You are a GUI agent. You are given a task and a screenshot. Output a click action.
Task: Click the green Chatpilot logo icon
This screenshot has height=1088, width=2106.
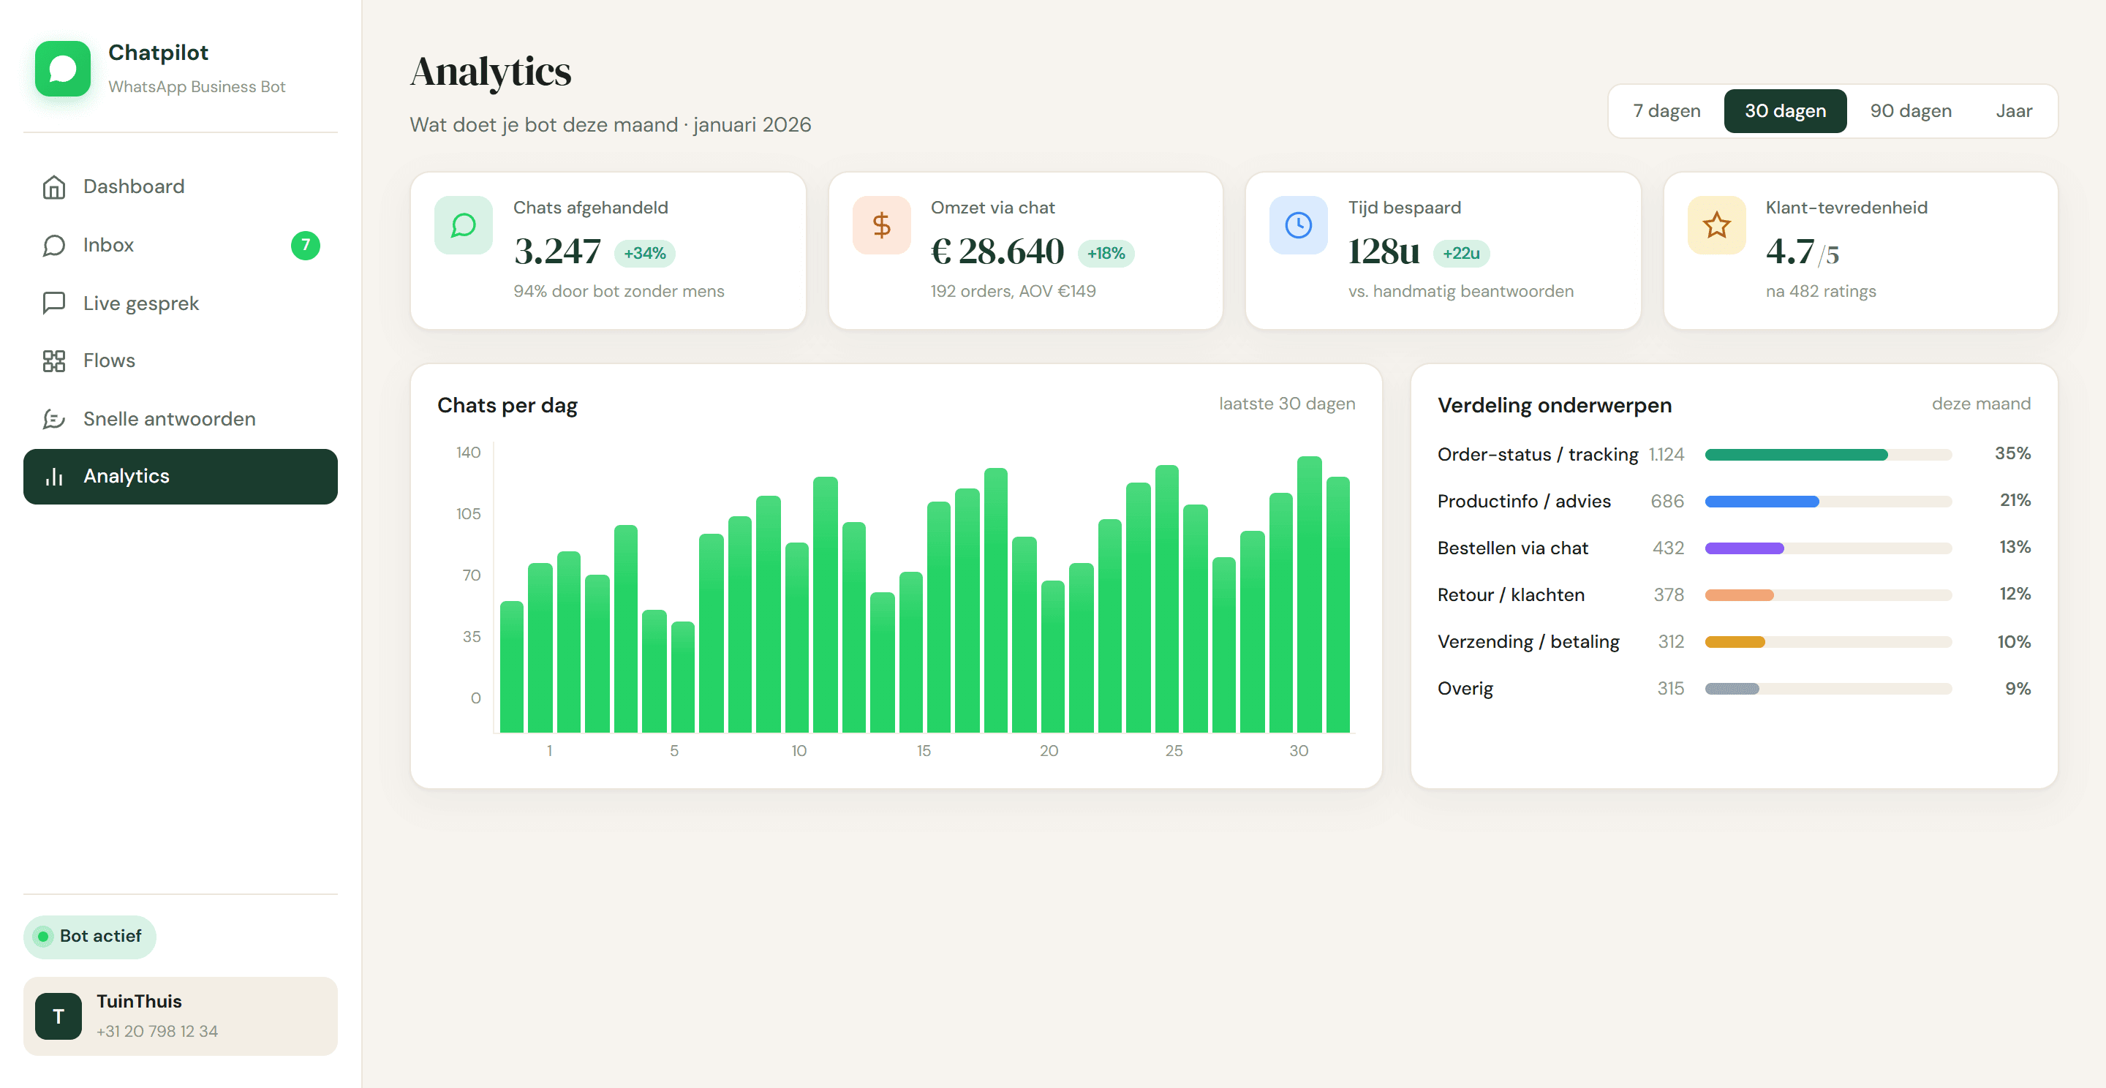tap(63, 69)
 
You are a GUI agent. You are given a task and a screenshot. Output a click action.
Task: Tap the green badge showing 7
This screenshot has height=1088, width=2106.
tap(306, 245)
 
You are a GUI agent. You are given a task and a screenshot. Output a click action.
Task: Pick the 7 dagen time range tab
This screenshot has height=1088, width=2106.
tap(1667, 111)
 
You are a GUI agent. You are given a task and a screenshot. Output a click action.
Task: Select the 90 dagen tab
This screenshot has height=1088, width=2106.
tap(1911, 111)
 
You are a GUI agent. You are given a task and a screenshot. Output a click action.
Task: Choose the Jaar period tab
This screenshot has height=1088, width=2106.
tap(2014, 111)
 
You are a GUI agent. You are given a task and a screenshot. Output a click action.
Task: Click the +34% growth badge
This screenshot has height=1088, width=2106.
tap(645, 254)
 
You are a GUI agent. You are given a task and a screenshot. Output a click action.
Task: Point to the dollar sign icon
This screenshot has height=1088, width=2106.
tap(881, 224)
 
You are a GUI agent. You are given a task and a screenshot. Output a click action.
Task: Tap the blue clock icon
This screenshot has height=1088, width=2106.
tap(1298, 224)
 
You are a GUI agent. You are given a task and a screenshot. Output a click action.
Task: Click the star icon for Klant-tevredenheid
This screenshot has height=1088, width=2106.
tap(1717, 224)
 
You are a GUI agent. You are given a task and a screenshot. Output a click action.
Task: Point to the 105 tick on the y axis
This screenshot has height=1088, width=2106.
tap(469, 514)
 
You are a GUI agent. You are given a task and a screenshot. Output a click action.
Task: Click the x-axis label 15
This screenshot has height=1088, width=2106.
tap(924, 750)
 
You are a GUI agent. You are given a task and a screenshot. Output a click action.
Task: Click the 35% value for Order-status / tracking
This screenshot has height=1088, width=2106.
tap(2013, 453)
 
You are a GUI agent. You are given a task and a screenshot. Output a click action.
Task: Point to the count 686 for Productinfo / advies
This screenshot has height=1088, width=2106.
tap(1667, 501)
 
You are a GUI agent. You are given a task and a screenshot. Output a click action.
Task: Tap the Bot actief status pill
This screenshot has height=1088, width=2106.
tap(90, 937)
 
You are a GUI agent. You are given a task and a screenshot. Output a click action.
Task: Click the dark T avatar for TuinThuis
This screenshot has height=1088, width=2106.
tap(58, 1016)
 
